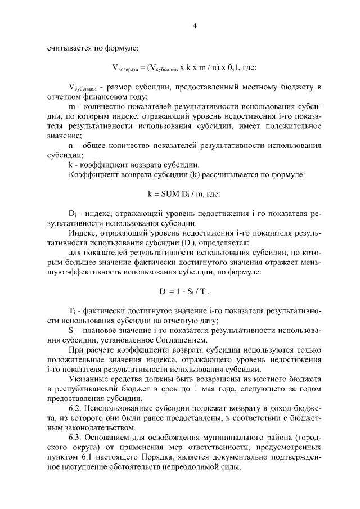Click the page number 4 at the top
tap(194, 25)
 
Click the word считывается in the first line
tap(69, 49)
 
